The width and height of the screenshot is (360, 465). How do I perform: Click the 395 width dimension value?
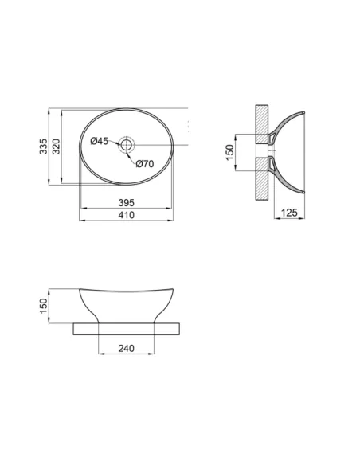tap(127, 203)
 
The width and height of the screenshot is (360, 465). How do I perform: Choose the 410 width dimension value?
tap(127, 216)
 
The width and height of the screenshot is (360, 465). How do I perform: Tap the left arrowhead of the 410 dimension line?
tap(83, 222)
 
